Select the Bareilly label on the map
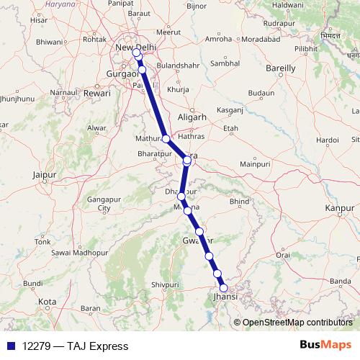click(x=281, y=68)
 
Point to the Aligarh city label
click(x=192, y=117)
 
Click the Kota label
click(x=48, y=301)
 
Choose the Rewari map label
click(x=97, y=94)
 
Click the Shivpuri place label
click(x=164, y=285)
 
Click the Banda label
click(x=340, y=281)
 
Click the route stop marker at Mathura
click(x=166, y=139)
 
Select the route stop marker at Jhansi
click(x=224, y=289)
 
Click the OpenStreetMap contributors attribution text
click(x=297, y=323)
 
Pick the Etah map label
click(x=231, y=128)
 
